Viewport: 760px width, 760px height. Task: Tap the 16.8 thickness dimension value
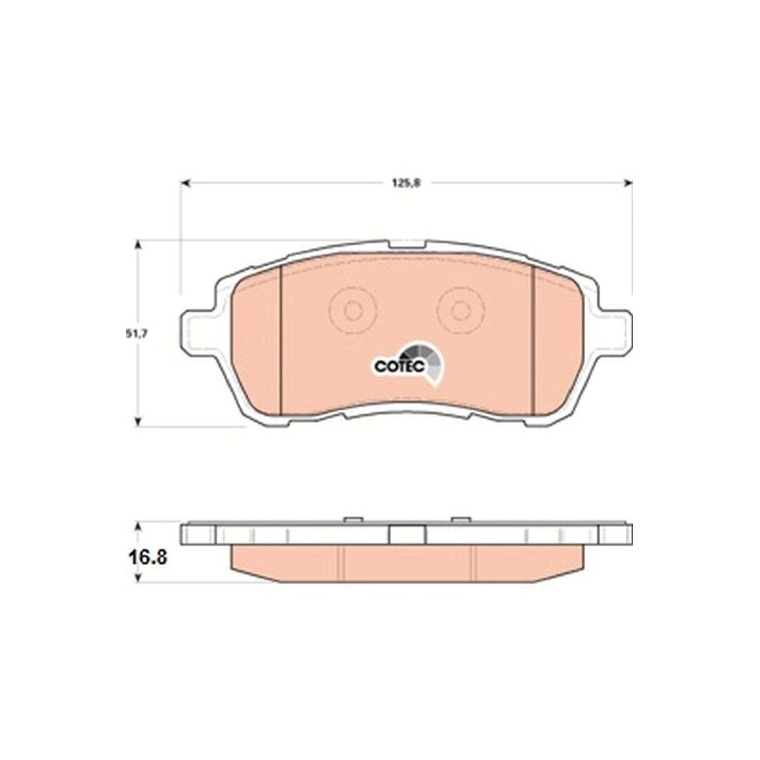(x=147, y=559)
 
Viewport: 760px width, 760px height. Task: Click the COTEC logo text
(x=399, y=366)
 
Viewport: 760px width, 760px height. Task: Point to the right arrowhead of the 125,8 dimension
(x=628, y=183)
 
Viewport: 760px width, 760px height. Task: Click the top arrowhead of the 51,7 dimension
(x=137, y=245)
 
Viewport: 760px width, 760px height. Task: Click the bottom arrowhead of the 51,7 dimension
(x=137, y=421)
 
